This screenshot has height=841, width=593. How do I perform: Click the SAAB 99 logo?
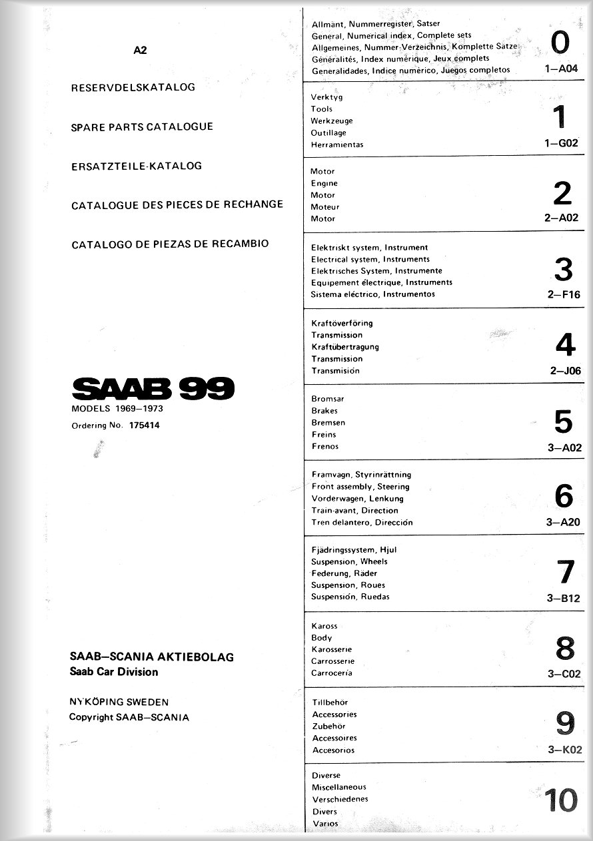[x=153, y=389]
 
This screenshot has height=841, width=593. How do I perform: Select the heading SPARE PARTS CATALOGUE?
[x=142, y=127]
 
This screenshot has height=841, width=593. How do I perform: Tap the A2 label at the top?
[x=140, y=49]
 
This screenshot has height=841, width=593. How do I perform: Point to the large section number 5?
[x=563, y=421]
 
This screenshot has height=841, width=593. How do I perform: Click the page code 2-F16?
[x=564, y=294]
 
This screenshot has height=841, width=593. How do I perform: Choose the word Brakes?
[x=324, y=411]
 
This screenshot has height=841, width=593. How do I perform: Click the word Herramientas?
[x=337, y=144]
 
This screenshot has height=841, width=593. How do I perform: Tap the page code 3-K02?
[x=564, y=750]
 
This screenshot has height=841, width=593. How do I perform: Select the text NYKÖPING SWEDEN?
[x=119, y=702]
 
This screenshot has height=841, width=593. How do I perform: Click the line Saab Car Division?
[x=114, y=672]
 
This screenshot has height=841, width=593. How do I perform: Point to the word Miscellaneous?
[x=339, y=787]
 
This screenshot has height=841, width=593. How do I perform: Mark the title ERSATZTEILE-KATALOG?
[x=137, y=166]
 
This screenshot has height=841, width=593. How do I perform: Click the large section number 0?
[x=560, y=43]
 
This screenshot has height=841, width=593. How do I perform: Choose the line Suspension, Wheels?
[x=349, y=561]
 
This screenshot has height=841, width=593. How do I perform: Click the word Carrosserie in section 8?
[x=333, y=661]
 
